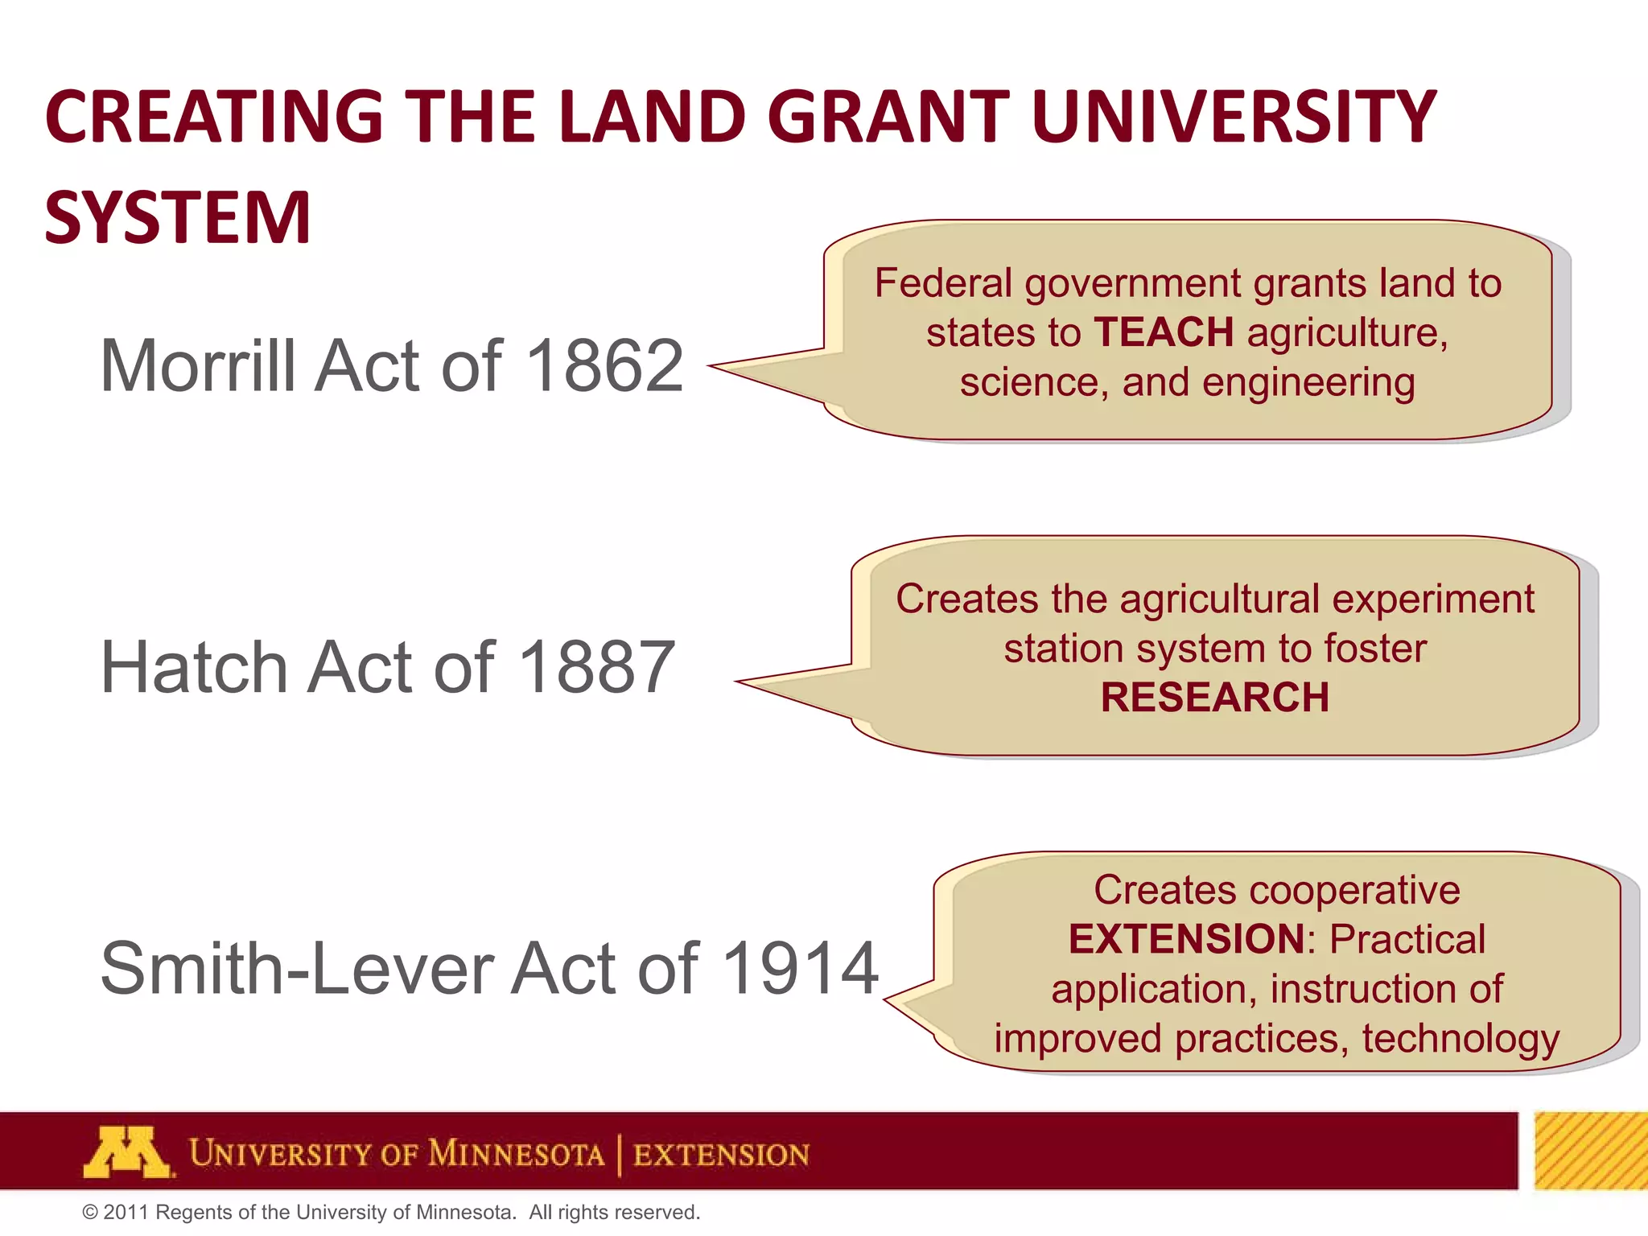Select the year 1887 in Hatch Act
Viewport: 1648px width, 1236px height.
(x=597, y=667)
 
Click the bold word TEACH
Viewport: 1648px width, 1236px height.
(x=1164, y=332)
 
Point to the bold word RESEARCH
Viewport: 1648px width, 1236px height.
(x=1215, y=697)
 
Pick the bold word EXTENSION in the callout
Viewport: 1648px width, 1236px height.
(x=1186, y=939)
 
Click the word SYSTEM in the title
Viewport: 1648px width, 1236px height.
(x=178, y=217)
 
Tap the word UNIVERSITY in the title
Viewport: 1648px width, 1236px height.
(x=1234, y=117)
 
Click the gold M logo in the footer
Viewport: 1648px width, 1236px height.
(x=127, y=1152)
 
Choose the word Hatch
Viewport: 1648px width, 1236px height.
(x=194, y=667)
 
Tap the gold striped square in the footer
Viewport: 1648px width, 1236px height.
(x=1590, y=1151)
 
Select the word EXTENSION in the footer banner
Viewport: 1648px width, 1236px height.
(x=721, y=1155)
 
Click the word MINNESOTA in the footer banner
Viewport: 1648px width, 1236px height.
(x=516, y=1154)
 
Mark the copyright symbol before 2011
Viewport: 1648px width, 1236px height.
(x=90, y=1213)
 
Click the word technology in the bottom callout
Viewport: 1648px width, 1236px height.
(x=1461, y=1038)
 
